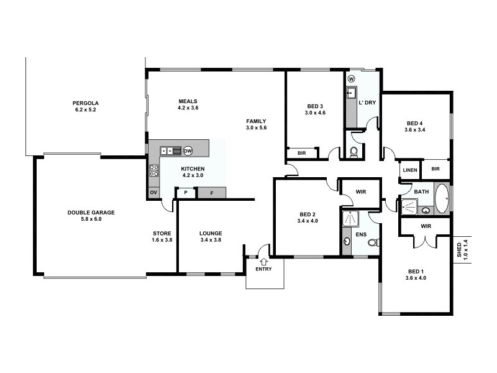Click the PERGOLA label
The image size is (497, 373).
coord(86,103)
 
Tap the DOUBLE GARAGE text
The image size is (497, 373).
coord(92,212)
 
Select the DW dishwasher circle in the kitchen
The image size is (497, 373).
coord(188,150)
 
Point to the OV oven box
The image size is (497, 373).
coord(153,193)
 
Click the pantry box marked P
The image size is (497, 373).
coord(185,193)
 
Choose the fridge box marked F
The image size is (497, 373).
coord(211,193)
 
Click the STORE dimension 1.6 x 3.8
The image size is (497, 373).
coord(162,240)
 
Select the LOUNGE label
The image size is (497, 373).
coord(211,233)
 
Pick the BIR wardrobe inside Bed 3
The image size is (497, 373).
coord(302,153)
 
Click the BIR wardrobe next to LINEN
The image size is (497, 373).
coord(435,168)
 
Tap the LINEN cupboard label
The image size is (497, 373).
coord(409,169)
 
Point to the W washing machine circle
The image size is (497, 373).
coord(351,79)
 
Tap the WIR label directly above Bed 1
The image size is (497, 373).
coord(426,226)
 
